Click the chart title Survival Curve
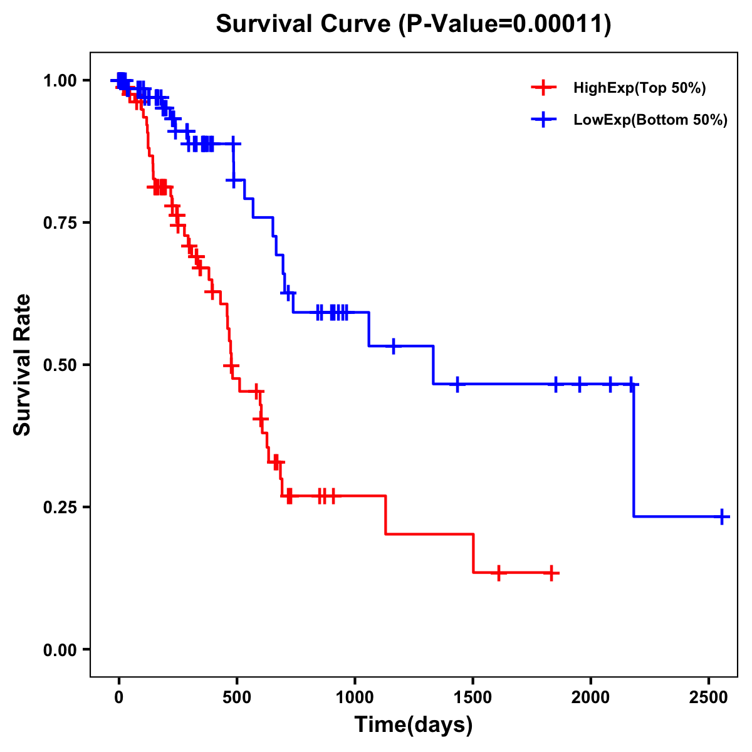pyautogui.click(x=304, y=24)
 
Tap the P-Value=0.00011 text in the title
pyautogui.click(x=505, y=24)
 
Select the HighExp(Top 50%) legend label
pyautogui.click(x=640, y=88)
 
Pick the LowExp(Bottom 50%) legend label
pyautogui.click(x=650, y=120)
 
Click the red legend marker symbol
pyautogui.click(x=543, y=88)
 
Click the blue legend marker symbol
pyautogui.click(x=543, y=120)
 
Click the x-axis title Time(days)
pyautogui.click(x=414, y=725)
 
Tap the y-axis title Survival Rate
pyautogui.click(x=23, y=365)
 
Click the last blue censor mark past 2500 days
pyautogui.click(x=722, y=517)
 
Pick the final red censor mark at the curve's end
pyautogui.click(x=551, y=573)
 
